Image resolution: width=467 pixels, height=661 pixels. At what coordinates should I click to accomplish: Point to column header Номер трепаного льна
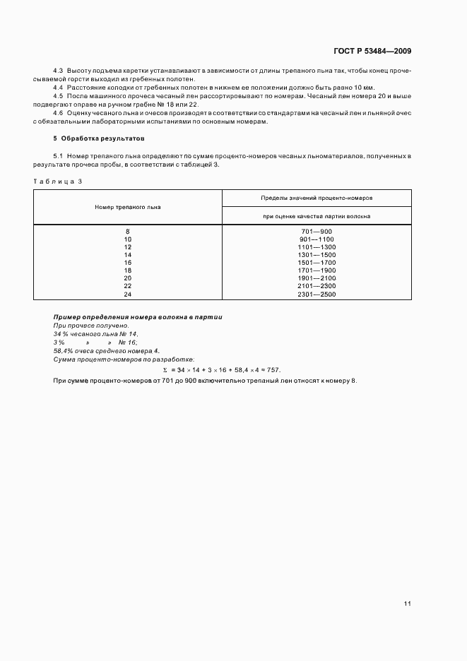click(x=128, y=207)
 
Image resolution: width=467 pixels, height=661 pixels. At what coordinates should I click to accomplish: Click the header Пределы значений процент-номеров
click(x=317, y=198)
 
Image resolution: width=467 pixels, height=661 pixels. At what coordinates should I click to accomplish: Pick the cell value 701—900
click(x=317, y=232)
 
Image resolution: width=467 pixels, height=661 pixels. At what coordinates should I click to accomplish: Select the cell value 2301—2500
click(x=317, y=294)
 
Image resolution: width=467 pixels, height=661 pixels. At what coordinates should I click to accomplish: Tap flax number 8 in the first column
click(x=128, y=232)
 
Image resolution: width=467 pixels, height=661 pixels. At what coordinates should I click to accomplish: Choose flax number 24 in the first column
click(x=128, y=294)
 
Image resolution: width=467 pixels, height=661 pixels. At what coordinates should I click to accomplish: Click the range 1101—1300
click(x=317, y=247)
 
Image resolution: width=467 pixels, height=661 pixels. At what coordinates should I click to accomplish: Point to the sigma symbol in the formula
click(x=165, y=370)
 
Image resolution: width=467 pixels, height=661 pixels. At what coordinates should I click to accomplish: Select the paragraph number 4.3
click(x=59, y=72)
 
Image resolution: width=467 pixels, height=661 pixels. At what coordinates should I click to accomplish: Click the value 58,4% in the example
click(x=64, y=351)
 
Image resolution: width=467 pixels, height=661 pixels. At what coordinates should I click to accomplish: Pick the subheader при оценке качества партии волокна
click(x=317, y=215)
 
